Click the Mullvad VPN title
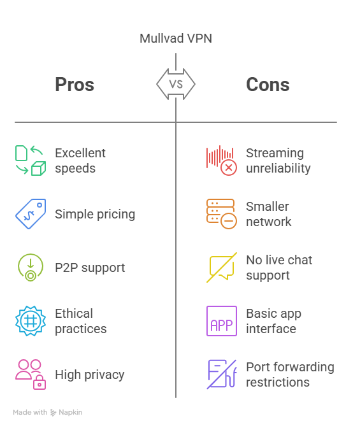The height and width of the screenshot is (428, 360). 176,38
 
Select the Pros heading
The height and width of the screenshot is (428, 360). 75,84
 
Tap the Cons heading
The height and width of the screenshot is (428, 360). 268,85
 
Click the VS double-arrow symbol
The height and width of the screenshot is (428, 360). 176,84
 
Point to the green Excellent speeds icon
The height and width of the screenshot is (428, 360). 31,160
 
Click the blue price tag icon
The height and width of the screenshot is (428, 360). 31,214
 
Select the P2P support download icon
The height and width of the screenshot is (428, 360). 31,267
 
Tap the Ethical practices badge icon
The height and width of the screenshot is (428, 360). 31,321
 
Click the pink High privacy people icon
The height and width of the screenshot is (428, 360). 31,374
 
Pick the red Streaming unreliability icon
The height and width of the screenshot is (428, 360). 222,160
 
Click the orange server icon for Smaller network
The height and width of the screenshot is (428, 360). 222,214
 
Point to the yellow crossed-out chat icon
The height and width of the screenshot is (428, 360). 222,267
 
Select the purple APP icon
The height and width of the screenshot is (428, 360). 222,321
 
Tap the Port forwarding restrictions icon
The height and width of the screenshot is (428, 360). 222,374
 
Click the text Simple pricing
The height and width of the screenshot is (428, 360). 95,214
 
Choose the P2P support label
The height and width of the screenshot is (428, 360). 90,267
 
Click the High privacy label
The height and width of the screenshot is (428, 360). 90,374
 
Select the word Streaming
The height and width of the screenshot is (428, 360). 275,153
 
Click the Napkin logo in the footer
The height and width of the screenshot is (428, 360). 66,413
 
